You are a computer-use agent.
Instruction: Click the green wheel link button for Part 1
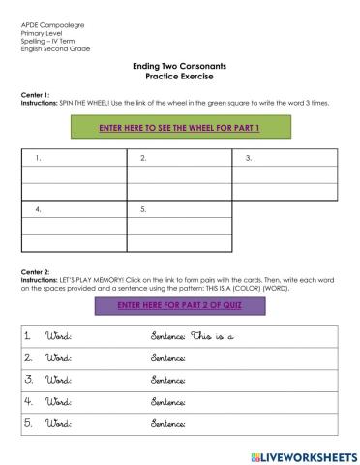[x=179, y=127]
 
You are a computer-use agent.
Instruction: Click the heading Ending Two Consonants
[x=179, y=65]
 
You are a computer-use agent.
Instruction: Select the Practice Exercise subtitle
[x=179, y=75]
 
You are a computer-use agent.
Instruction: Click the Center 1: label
[x=35, y=95]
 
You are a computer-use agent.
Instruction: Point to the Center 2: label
[x=35, y=274]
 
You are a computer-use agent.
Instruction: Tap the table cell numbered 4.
[x=74, y=208]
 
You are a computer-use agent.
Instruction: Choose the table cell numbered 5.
[x=179, y=208]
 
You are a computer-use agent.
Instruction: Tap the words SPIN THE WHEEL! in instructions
[x=86, y=103]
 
